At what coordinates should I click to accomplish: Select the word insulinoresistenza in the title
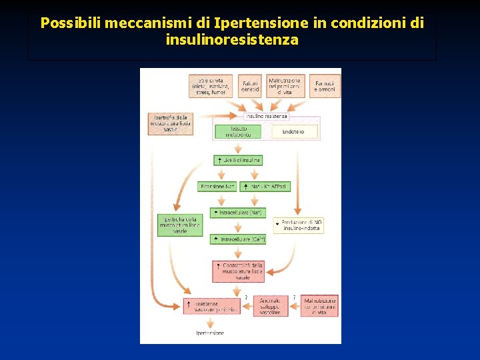tap(232, 40)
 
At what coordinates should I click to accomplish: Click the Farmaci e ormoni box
tap(325, 86)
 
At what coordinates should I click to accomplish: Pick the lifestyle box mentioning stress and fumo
tap(211, 86)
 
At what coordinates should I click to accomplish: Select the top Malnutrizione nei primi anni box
tap(285, 86)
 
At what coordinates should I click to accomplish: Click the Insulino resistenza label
tap(267, 116)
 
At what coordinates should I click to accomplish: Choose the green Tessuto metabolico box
tap(239, 131)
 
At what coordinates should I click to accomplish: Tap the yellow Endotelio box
tap(293, 132)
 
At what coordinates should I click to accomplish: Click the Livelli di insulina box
tap(238, 160)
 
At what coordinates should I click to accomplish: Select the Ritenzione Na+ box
tap(217, 187)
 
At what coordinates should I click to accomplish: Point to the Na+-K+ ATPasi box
tap(265, 187)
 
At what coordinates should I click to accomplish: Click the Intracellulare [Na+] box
tap(238, 213)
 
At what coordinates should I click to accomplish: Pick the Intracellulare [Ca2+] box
tap(238, 239)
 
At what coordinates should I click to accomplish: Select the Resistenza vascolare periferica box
tap(211, 306)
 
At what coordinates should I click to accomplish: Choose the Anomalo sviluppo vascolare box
tap(270, 306)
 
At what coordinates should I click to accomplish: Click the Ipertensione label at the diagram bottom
tap(210, 332)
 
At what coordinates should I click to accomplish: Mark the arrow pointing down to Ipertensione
tap(211, 321)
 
